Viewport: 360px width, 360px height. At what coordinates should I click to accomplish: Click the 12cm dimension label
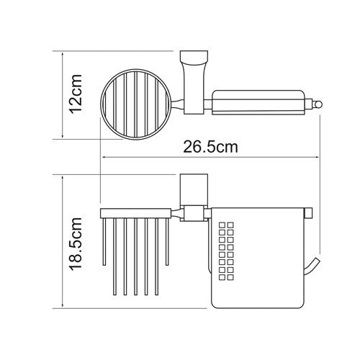76,94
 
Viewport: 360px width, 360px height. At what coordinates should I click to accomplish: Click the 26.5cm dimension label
210,147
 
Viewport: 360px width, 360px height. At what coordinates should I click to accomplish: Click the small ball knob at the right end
318,105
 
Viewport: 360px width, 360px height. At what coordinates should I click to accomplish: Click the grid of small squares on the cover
226,251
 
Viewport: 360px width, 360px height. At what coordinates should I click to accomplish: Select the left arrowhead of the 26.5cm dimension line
106,158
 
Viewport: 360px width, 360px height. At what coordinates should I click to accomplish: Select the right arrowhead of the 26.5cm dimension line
316,158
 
